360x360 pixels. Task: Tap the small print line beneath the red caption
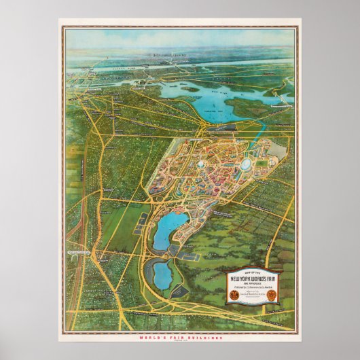click(180, 340)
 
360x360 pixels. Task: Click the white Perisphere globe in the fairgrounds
click(202, 163)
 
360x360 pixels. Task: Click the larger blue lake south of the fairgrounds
click(164, 232)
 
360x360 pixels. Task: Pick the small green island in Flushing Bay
click(191, 89)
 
